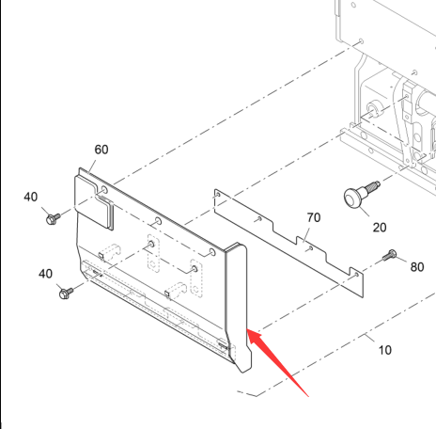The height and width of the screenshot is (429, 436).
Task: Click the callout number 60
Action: click(101, 150)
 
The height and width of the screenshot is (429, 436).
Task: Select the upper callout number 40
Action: click(31, 197)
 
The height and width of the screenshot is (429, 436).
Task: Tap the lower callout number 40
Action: click(45, 274)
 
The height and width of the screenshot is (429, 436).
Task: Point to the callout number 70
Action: click(314, 217)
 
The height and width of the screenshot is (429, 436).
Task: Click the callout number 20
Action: click(380, 228)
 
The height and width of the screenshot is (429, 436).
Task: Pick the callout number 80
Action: click(417, 267)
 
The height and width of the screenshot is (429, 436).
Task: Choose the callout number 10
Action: click(385, 350)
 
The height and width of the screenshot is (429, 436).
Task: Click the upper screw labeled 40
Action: click(53, 218)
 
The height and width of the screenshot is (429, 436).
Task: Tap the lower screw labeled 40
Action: click(66, 294)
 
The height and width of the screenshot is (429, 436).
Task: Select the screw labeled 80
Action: click(389, 255)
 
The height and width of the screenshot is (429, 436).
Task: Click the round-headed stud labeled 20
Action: click(361, 195)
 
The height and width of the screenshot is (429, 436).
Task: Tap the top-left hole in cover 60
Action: click(104, 190)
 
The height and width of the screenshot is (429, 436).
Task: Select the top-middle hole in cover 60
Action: click(158, 221)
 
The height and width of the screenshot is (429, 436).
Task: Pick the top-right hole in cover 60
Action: click(212, 252)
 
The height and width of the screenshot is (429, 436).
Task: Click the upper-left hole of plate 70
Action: click(218, 195)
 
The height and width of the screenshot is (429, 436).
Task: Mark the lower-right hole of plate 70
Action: click(356, 275)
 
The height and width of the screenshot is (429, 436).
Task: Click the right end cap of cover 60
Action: click(239, 308)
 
